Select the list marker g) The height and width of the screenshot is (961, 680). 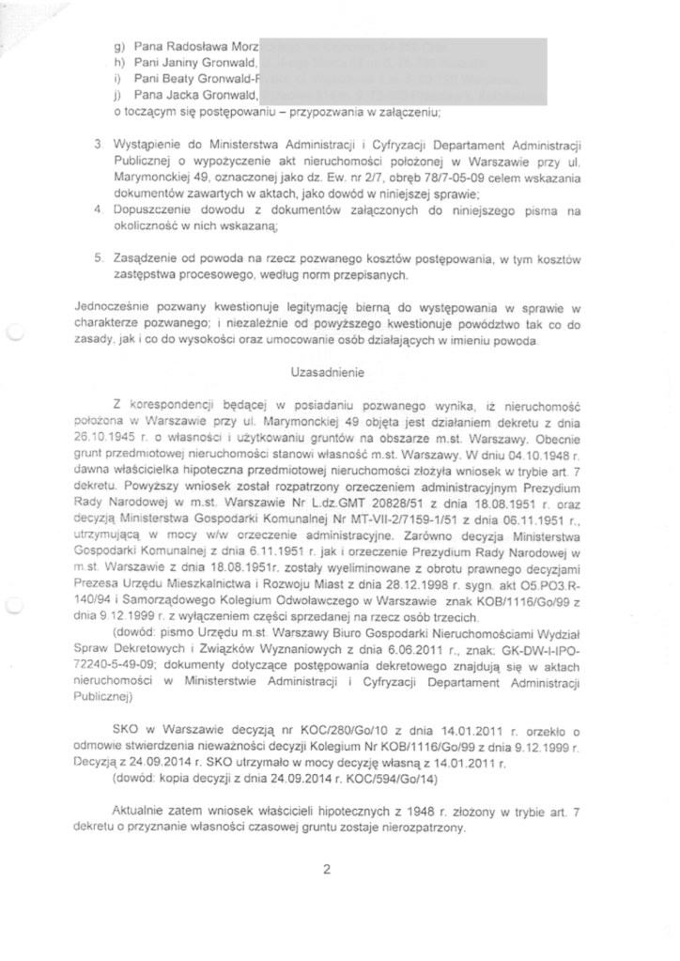[117, 45]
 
